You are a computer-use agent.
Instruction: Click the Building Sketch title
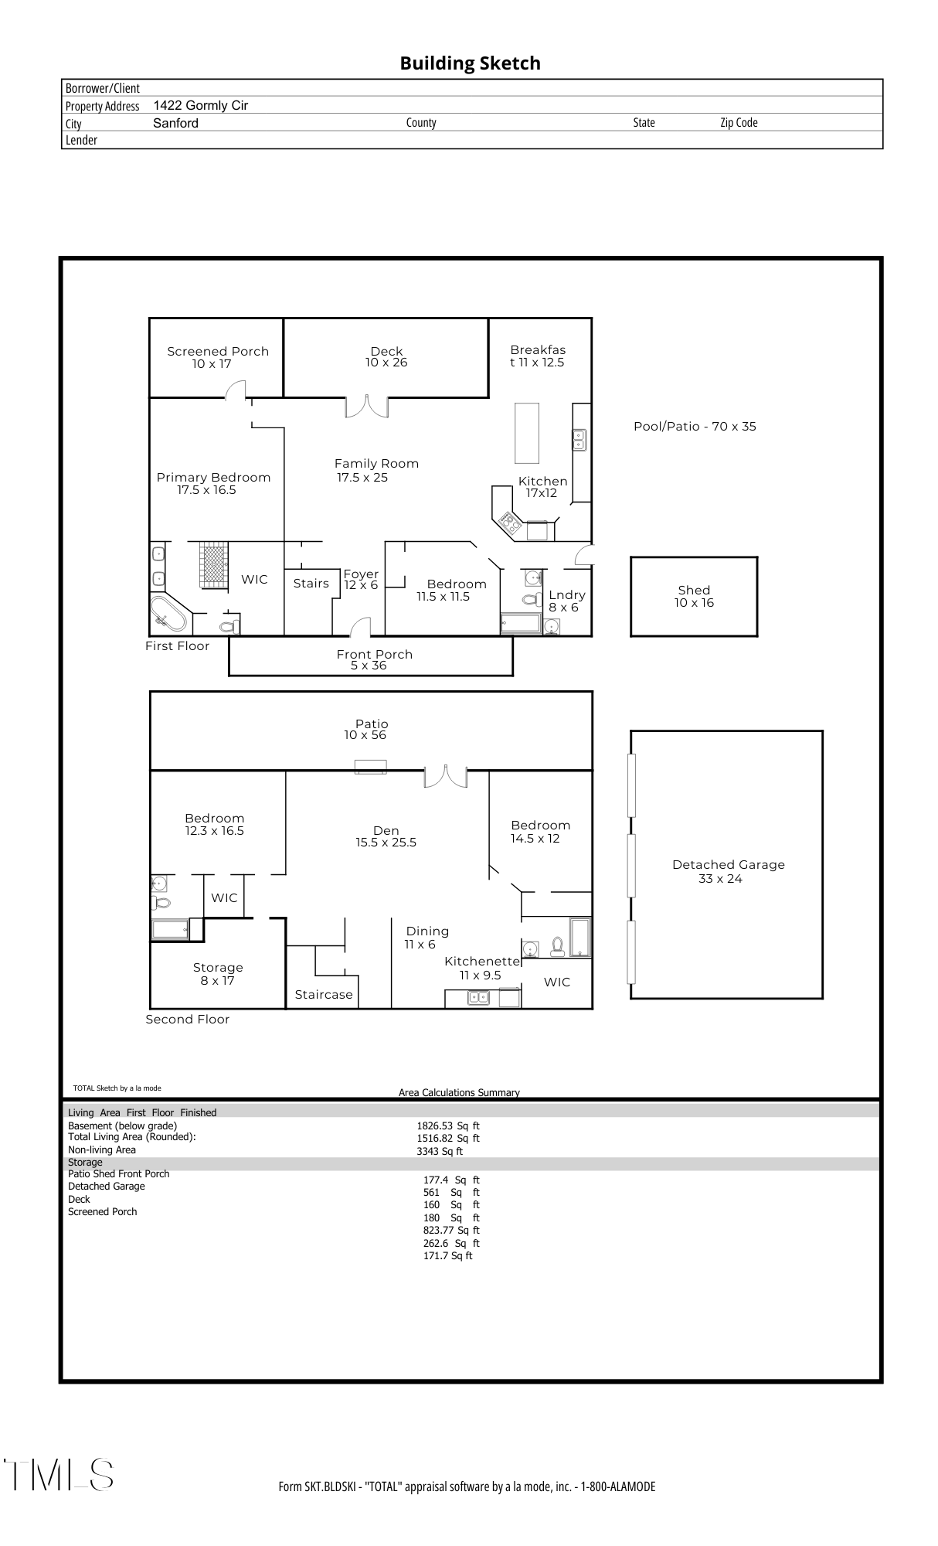[x=470, y=63]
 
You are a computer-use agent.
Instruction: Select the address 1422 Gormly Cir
[x=201, y=106]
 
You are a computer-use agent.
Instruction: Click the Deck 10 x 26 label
[x=386, y=357]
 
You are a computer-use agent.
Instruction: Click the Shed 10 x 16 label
[x=694, y=597]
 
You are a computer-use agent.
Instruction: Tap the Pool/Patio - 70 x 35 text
[x=695, y=427]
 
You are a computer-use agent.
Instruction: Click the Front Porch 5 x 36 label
[x=374, y=659]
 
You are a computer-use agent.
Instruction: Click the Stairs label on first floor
[x=311, y=584]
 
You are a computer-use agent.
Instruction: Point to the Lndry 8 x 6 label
[x=566, y=601]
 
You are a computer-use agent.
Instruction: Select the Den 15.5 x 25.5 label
[x=386, y=836]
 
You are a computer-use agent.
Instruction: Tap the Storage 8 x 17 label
[x=218, y=974]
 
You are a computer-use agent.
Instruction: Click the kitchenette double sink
[x=478, y=998]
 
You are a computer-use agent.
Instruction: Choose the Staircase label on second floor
[x=324, y=995]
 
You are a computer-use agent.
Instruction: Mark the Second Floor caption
[x=188, y=1020]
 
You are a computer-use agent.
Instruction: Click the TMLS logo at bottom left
[x=59, y=1475]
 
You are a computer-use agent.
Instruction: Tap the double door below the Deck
[x=366, y=407]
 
